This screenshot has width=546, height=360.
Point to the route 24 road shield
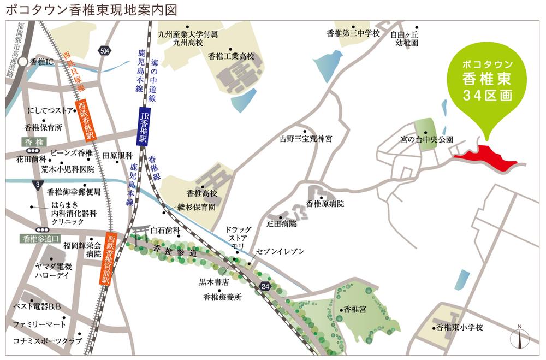[265, 286]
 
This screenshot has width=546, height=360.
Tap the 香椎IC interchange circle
[23, 62]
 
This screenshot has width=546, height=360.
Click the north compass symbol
[519, 338]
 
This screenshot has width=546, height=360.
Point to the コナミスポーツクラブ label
[48, 341]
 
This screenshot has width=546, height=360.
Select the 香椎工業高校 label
[232, 56]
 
